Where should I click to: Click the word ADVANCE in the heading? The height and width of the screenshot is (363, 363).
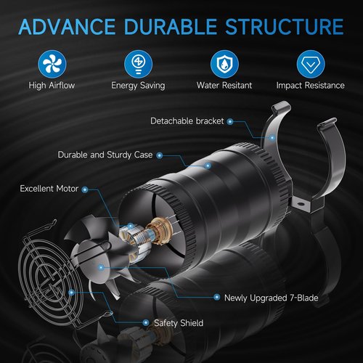(x=67, y=26)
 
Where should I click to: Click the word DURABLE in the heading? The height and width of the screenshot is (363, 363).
(x=171, y=26)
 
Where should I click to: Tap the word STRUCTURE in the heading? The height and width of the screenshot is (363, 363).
(x=285, y=26)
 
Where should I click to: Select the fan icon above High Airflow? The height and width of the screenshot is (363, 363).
(x=52, y=64)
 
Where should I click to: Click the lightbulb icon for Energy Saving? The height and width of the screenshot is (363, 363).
(x=138, y=64)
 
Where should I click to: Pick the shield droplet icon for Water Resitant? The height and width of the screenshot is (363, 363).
(x=224, y=64)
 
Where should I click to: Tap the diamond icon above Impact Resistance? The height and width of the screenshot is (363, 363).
(x=311, y=64)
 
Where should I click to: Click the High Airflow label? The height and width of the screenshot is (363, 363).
(x=52, y=85)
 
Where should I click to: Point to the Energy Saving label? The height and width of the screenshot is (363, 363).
(x=138, y=86)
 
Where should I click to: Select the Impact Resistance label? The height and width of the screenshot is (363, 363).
(x=311, y=86)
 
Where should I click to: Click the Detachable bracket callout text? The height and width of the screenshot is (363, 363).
(x=187, y=121)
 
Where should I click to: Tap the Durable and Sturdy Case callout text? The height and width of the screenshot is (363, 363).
(x=105, y=155)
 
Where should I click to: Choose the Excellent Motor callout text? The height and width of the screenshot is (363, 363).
(x=49, y=189)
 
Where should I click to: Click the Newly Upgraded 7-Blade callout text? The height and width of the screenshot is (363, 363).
(x=272, y=298)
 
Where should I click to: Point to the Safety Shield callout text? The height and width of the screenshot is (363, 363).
(x=179, y=323)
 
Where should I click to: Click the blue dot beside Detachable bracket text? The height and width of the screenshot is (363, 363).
(x=230, y=121)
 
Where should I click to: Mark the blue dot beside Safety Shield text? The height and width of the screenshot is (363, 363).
(x=146, y=322)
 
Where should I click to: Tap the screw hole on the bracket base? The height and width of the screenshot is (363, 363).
(x=301, y=203)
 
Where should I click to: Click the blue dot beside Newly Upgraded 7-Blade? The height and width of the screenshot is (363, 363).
(x=217, y=297)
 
